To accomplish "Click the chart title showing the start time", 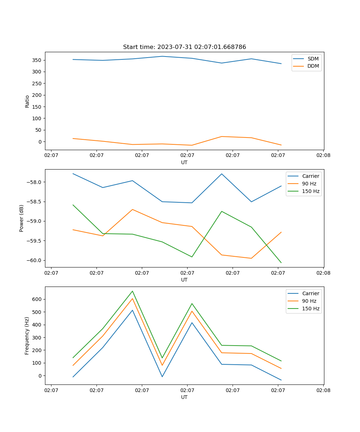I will pos(184,47).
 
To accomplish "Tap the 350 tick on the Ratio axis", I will pos(38,60).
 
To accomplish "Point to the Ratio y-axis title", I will pos(27,102).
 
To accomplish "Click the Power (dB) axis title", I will pos(22,218).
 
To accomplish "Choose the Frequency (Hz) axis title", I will pos(27,336).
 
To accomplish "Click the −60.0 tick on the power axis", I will pos(34,260).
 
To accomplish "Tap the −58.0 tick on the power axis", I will pos(34,182).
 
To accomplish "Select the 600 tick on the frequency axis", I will pos(38,299).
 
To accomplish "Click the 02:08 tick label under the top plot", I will pos(323,156).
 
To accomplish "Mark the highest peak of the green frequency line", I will pos(132,291).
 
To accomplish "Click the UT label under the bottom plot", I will pos(184,397).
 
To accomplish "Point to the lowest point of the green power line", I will pos(281,263).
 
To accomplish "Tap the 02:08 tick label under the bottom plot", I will pos(323,390).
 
